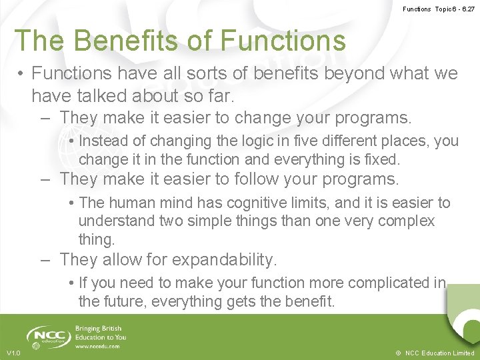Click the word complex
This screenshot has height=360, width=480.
406,221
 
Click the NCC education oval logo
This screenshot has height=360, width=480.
47,337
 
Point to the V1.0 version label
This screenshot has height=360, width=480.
13,353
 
